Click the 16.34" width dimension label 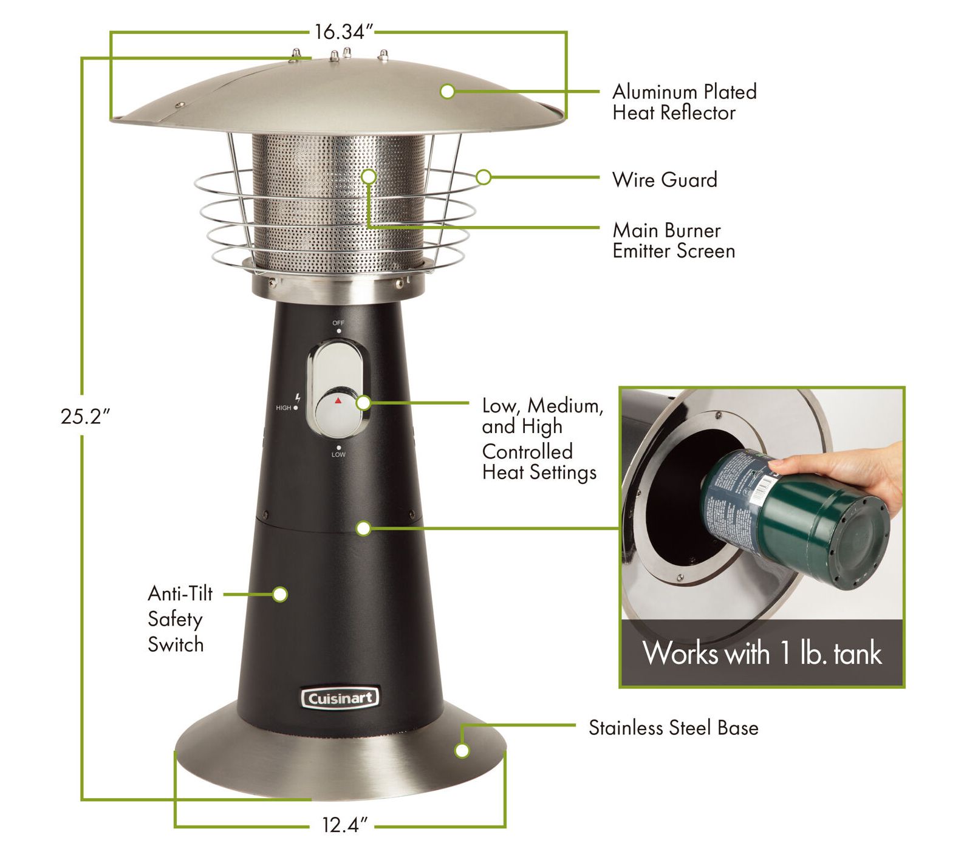pos(343,32)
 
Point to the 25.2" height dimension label pos(85,417)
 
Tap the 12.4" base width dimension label pos(344,825)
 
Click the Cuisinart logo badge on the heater pos(340,698)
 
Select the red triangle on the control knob pos(338,401)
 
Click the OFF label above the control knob pos(338,323)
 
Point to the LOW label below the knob pos(338,454)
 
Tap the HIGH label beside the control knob pos(284,408)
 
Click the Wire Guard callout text pos(665,180)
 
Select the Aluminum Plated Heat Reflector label pos(684,102)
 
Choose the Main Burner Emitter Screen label pos(673,241)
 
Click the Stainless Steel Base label pos(673,728)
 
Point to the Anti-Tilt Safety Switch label pos(180,619)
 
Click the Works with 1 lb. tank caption pos(762,654)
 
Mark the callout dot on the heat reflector pos(448,92)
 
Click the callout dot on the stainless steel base pos(462,751)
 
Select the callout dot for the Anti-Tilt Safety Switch pos(280,594)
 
